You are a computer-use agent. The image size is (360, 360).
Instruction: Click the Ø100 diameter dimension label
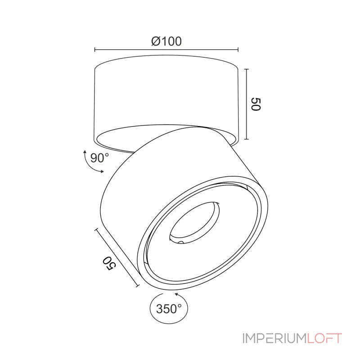(x=166, y=42)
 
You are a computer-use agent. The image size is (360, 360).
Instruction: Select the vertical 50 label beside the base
(x=256, y=104)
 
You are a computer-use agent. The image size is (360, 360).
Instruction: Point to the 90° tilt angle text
(x=99, y=158)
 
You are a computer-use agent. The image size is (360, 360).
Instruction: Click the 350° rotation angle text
(x=169, y=309)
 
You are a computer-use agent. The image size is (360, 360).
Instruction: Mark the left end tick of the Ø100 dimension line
(x=95, y=50)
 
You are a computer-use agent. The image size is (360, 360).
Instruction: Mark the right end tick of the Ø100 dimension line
(x=238, y=50)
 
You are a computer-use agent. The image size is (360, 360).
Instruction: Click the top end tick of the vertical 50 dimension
(x=247, y=69)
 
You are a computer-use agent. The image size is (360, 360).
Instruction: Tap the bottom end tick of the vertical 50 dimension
(x=247, y=139)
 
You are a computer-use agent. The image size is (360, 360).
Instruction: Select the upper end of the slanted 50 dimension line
(x=96, y=229)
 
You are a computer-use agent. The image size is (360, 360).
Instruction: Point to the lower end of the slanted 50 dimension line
(x=137, y=286)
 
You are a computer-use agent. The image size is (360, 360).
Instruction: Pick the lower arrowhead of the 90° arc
(x=103, y=171)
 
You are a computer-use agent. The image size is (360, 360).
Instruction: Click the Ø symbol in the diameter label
(x=156, y=42)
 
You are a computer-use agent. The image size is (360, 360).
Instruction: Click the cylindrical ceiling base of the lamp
(x=166, y=94)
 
